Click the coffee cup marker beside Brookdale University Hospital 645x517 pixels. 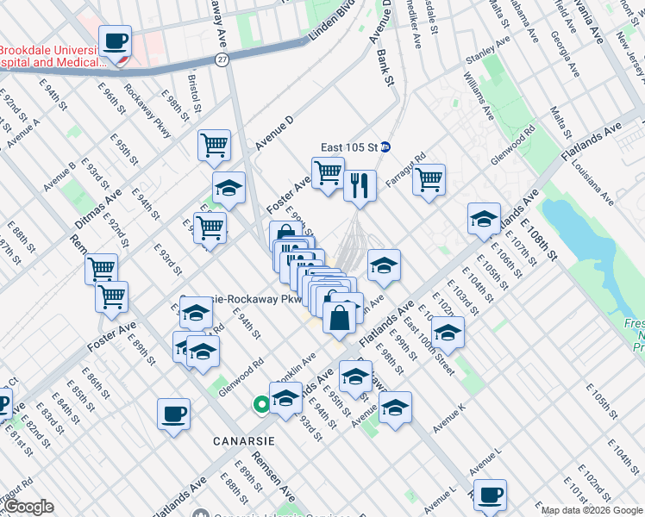coord(115,41)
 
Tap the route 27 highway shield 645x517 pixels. coord(222,59)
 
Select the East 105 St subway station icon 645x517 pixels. coord(387,146)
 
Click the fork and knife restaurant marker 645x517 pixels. coord(360,184)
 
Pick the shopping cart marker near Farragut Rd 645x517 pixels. coord(429,179)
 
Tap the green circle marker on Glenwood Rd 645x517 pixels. coord(260,403)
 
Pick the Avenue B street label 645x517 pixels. coord(59,175)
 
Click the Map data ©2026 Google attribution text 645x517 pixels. coord(592,509)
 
